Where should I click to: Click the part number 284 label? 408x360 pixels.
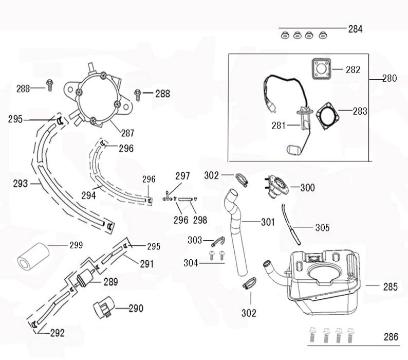355,29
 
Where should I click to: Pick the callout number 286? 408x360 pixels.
391,337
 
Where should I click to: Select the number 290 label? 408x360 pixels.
136,309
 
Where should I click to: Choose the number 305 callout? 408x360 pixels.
323,227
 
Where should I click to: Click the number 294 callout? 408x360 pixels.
88,195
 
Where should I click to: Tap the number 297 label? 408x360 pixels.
182,176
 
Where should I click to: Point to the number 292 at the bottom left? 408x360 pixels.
57,333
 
